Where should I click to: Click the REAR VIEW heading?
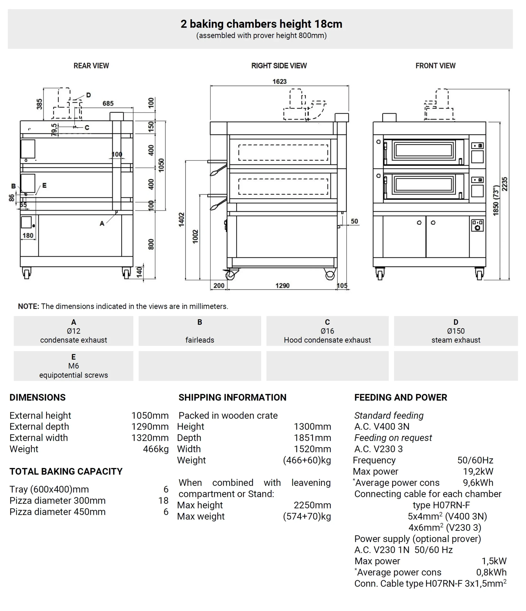point(91,66)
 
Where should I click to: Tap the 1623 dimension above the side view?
point(279,81)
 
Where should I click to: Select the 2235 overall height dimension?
point(505,184)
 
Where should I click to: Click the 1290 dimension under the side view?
point(282,285)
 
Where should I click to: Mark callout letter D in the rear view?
point(88,95)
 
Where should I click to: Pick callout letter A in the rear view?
point(102,224)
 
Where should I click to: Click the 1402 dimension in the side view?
point(181,220)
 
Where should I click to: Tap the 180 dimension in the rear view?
point(28,235)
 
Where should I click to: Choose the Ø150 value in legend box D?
point(456,331)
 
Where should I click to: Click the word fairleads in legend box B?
point(200,340)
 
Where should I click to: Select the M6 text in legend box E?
point(74,366)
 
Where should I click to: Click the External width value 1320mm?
point(150,438)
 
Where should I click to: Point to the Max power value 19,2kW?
point(478,471)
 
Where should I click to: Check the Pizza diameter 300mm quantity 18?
point(163,500)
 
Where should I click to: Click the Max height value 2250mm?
point(312,505)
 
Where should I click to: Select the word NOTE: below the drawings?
point(28,306)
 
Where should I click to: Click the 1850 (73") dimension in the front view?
point(496,200)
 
